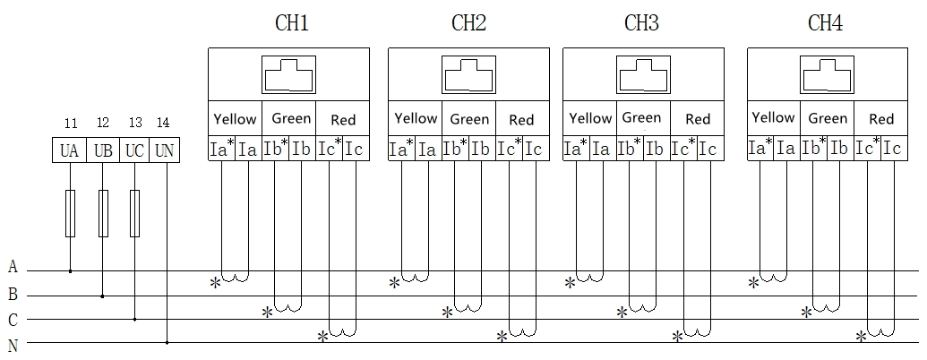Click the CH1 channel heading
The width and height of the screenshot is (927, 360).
(292, 23)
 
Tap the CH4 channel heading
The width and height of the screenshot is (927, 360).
(825, 23)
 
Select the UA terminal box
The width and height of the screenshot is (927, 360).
(70, 150)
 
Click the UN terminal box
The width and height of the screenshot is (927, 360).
(164, 150)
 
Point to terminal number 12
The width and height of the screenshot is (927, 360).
(103, 123)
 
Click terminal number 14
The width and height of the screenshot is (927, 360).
(163, 123)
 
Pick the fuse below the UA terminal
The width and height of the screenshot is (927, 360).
(71, 213)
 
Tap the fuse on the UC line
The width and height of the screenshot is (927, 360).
(134, 213)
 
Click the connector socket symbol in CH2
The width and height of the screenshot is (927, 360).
(468, 74)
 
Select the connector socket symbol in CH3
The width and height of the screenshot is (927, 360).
(643, 74)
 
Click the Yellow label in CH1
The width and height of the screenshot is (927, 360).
(235, 119)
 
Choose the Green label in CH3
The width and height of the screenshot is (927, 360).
(641, 117)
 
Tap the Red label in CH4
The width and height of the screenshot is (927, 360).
(881, 119)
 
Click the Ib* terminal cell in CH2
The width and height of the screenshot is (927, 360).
(455, 149)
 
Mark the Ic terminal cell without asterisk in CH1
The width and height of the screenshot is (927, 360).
(356, 149)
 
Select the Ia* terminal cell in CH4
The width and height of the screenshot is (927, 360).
(761, 148)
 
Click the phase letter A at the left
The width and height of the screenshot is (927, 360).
(13, 267)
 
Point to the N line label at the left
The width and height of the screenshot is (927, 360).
(13, 346)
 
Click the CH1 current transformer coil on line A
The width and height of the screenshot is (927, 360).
(235, 278)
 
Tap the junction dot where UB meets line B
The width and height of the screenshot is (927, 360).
(102, 296)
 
